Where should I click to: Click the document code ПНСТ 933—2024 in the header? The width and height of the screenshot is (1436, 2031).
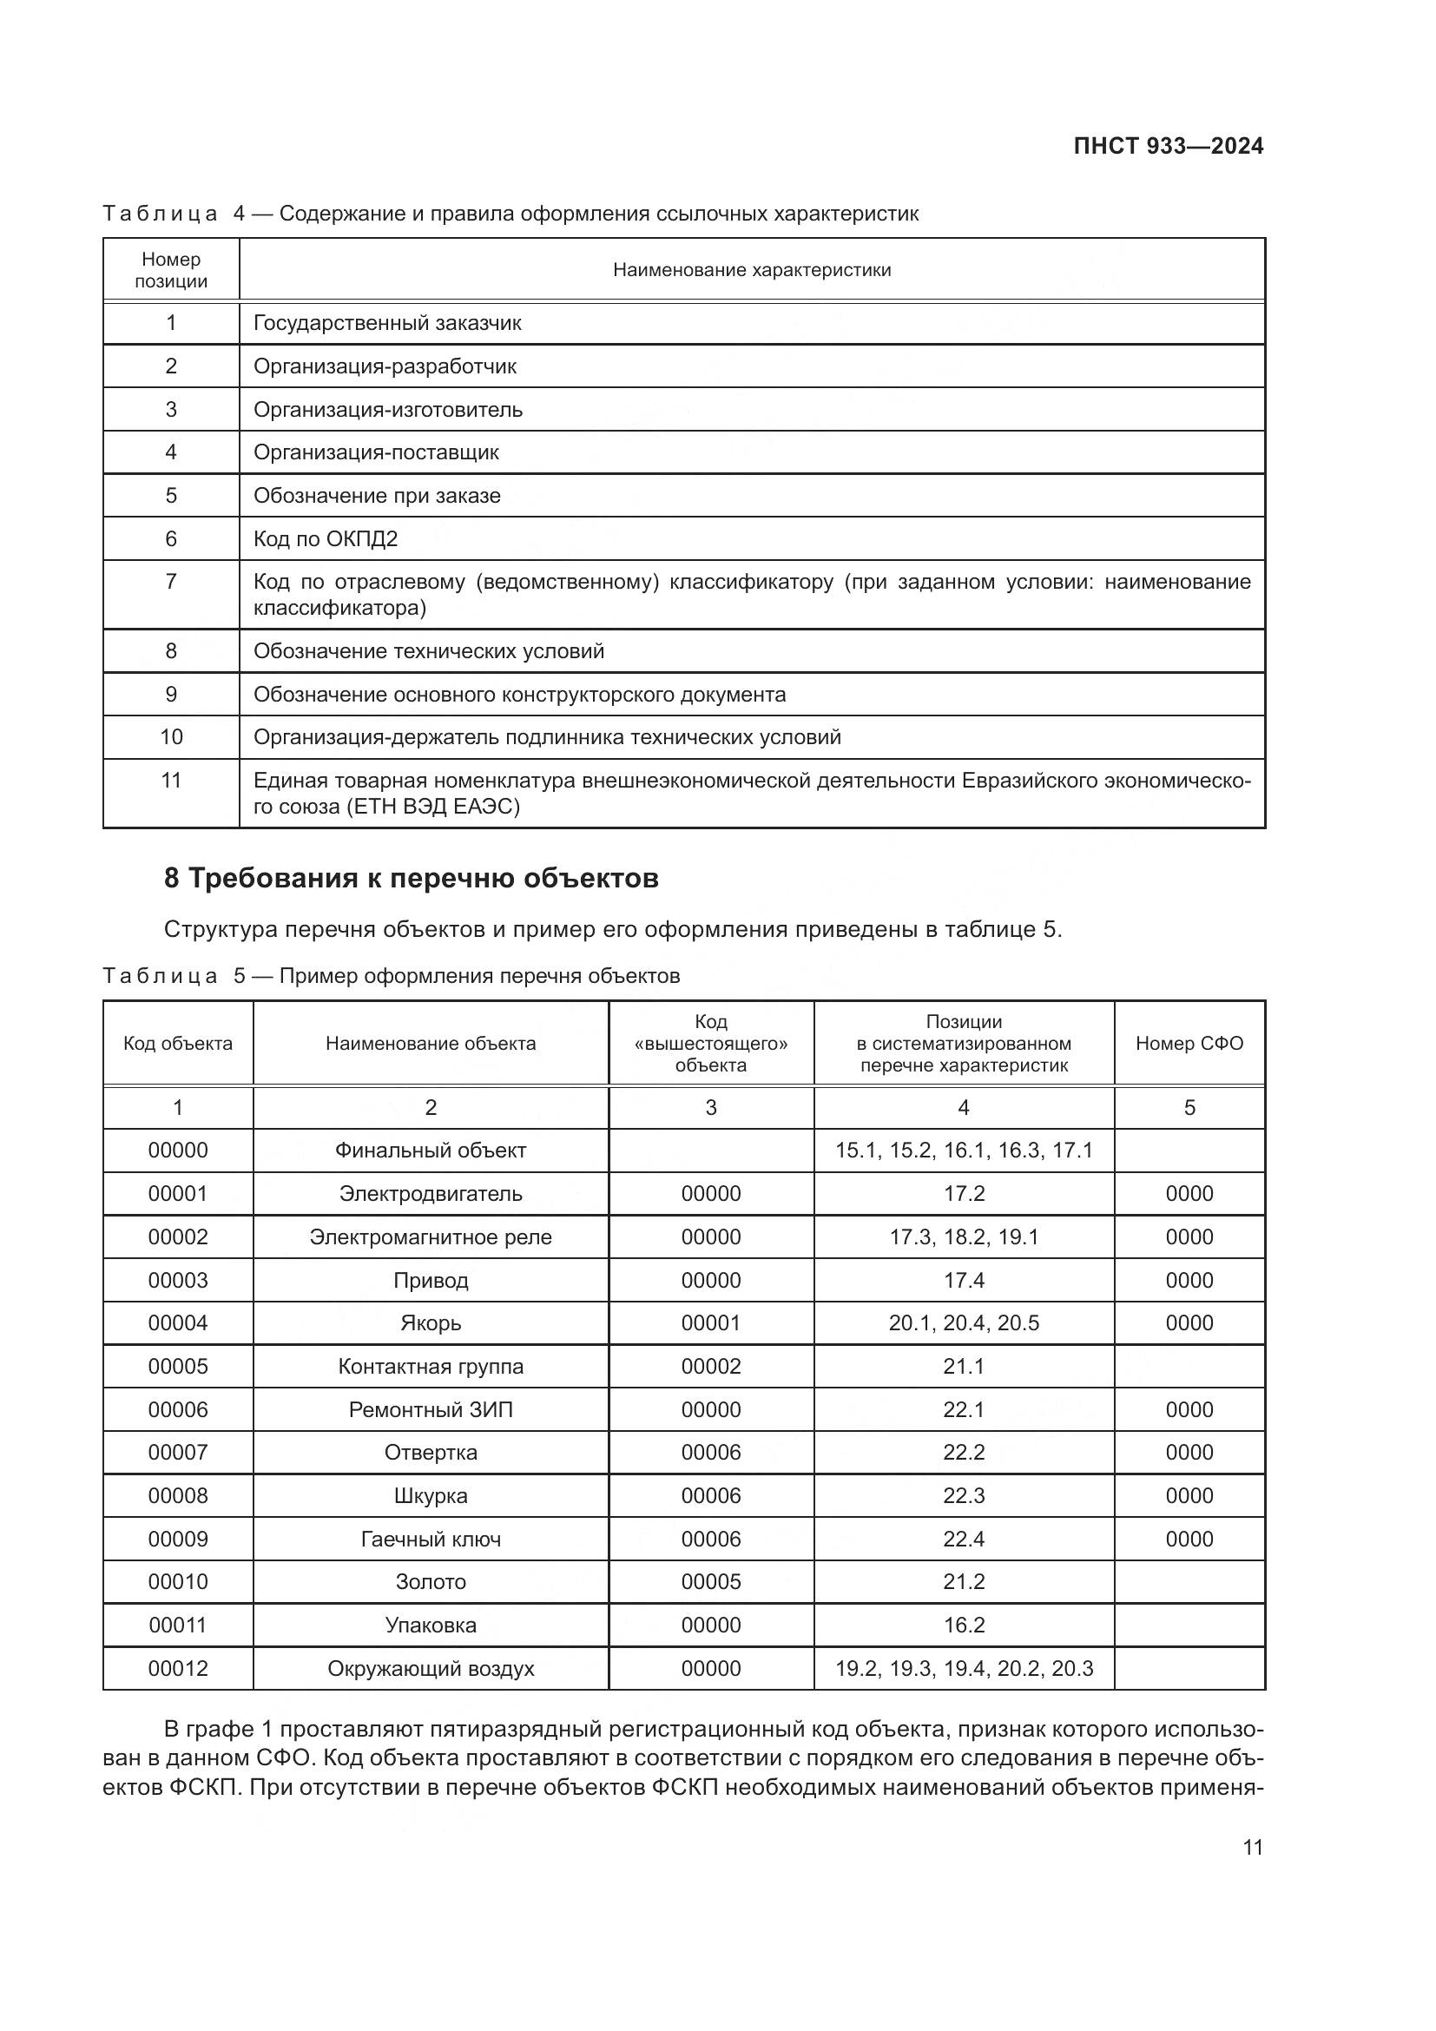pos(1167,147)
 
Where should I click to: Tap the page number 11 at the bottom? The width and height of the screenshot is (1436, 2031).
pos(1252,1847)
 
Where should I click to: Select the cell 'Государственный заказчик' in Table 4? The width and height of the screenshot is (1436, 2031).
pos(387,323)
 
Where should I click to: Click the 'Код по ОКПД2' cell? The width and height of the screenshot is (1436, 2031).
pos(326,538)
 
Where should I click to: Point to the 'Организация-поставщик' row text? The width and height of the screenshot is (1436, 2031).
pos(376,452)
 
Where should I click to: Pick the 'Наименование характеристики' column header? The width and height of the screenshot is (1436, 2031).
pos(752,270)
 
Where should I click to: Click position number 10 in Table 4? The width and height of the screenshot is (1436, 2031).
pos(171,737)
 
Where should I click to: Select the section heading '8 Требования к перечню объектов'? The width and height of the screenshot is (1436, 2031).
pos(412,879)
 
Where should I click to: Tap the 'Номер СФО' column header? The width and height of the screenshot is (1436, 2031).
pos(1189,1043)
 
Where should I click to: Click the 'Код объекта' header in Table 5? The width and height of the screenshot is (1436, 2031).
pos(178,1043)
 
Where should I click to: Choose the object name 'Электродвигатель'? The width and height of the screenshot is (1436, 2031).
pos(431,1193)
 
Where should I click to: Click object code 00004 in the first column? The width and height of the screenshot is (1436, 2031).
pos(178,1322)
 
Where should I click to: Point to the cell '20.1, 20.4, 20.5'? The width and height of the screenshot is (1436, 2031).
pos(963,1322)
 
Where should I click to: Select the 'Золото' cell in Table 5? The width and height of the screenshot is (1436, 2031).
pos(431,1580)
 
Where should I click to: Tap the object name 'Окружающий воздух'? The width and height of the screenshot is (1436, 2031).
pos(431,1668)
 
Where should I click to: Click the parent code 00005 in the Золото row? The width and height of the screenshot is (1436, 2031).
pos(710,1580)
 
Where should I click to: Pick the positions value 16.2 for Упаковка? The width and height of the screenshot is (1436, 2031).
pos(963,1625)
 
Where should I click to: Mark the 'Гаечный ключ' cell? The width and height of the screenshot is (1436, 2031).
pos(431,1540)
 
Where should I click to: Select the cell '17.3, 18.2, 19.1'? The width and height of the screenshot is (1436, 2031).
pos(963,1236)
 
